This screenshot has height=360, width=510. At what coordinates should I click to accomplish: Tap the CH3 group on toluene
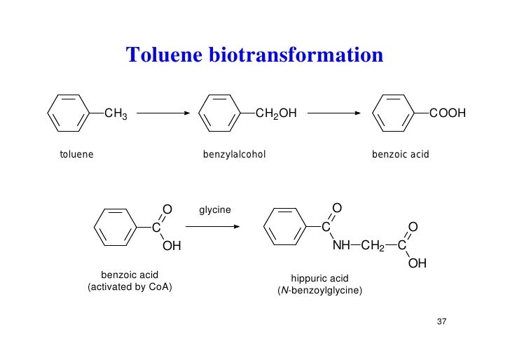(x=116, y=113)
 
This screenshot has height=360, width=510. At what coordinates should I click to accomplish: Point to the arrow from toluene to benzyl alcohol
(x=164, y=113)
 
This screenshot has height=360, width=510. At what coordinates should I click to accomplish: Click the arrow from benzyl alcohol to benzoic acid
(x=333, y=113)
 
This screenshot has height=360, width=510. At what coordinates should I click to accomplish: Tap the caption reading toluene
(x=76, y=153)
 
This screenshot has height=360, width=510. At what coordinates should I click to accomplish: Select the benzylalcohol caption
(x=234, y=153)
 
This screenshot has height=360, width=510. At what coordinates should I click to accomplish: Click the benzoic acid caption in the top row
(x=400, y=153)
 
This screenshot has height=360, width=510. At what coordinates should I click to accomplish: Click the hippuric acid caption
(x=319, y=278)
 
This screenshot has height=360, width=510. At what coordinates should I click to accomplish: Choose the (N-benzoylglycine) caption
(x=319, y=289)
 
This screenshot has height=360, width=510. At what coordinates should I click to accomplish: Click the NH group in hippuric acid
(x=341, y=245)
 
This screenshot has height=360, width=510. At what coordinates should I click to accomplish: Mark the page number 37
(x=441, y=321)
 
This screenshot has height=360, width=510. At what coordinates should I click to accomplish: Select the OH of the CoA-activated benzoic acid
(x=172, y=246)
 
